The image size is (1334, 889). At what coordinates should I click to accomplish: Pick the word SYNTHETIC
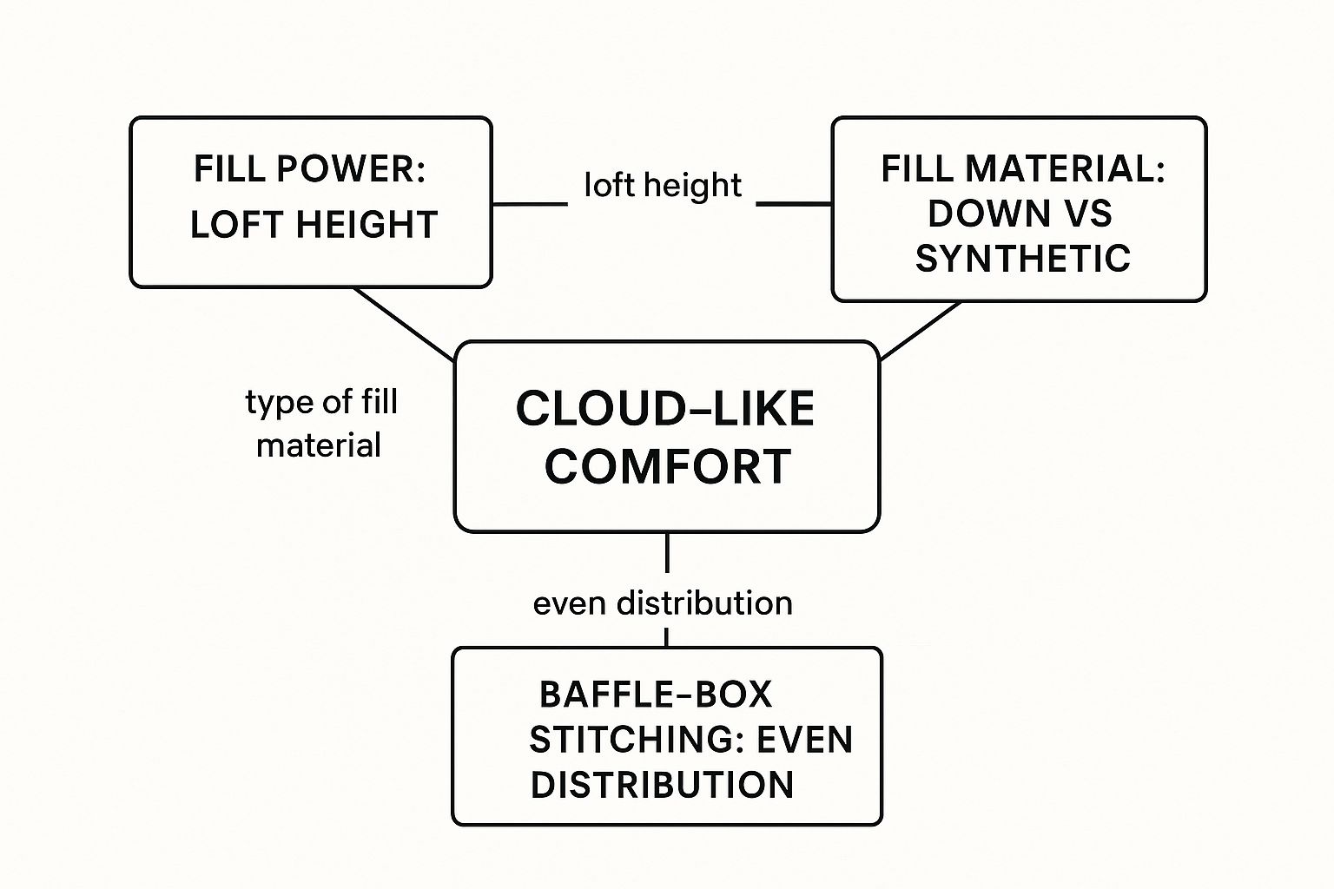1022,259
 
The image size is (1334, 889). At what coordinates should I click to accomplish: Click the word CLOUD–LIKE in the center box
665,409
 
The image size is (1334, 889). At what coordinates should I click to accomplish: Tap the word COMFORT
667,467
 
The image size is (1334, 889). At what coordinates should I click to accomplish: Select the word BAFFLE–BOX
655,695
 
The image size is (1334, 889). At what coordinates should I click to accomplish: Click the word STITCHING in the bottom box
637,740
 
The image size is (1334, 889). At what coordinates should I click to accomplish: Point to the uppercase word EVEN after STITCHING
804,740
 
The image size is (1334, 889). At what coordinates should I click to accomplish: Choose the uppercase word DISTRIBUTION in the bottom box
662,785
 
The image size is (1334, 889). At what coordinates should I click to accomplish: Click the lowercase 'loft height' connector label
662,185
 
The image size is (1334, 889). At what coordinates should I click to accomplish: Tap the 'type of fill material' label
320,424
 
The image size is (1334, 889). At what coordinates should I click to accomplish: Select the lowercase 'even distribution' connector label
662,603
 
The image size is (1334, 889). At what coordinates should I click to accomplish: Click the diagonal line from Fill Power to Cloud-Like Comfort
404,324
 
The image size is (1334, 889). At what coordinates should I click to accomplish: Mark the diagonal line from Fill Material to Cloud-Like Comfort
921,330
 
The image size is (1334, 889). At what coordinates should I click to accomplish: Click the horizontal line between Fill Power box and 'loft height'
530,205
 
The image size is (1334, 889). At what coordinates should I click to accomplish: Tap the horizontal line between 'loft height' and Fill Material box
794,204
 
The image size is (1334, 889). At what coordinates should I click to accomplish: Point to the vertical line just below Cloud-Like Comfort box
666,553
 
